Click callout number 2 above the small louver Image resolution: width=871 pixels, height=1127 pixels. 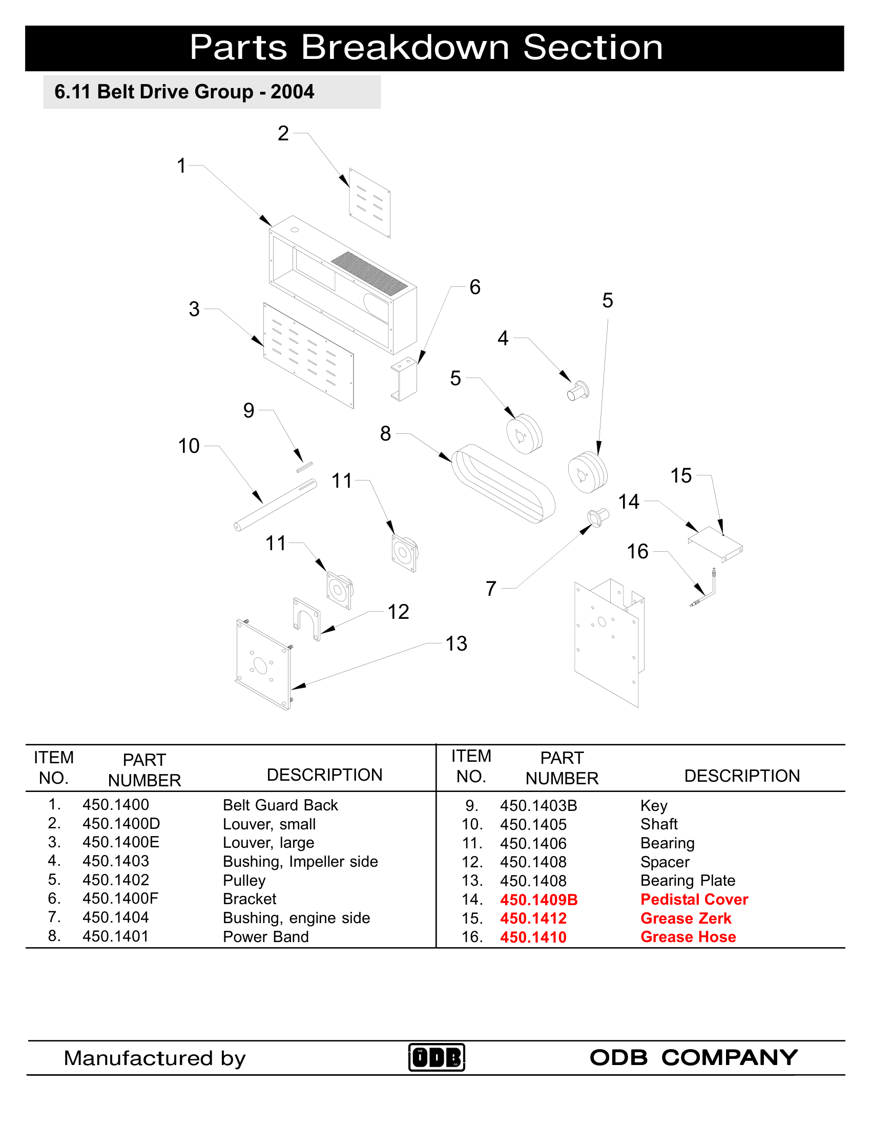pyautogui.click(x=283, y=134)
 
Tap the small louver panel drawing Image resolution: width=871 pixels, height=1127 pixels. pyautogui.click(x=369, y=203)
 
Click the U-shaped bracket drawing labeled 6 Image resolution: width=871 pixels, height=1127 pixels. pyautogui.click(x=405, y=379)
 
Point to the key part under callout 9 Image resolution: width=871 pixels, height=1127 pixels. pyautogui.click(x=304, y=467)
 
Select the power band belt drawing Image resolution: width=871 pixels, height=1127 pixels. pyautogui.click(x=504, y=484)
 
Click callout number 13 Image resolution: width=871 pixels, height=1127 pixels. pyautogui.click(x=456, y=643)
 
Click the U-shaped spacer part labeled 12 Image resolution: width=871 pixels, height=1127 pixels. pyautogui.click(x=306, y=618)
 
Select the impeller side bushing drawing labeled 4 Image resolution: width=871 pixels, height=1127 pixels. pyautogui.click(x=578, y=391)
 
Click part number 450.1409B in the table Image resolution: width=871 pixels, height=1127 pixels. pyautogui.click(x=538, y=900)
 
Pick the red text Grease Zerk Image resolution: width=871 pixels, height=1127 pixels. pyautogui.click(x=685, y=919)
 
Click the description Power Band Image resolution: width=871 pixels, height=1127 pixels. pyautogui.click(x=265, y=936)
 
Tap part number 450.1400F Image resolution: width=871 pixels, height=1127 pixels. pyautogui.click(x=120, y=899)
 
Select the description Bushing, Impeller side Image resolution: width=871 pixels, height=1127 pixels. pyautogui.click(x=300, y=861)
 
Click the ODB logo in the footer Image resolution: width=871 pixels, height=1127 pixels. pyautogui.click(x=437, y=1057)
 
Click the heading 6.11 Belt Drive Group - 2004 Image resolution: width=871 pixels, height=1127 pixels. pyautogui.click(x=184, y=92)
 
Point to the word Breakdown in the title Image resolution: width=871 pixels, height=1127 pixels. pyautogui.click(x=405, y=48)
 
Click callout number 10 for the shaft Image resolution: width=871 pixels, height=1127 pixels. pyautogui.click(x=189, y=446)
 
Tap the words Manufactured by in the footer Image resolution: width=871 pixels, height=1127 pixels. pyautogui.click(x=154, y=1058)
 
